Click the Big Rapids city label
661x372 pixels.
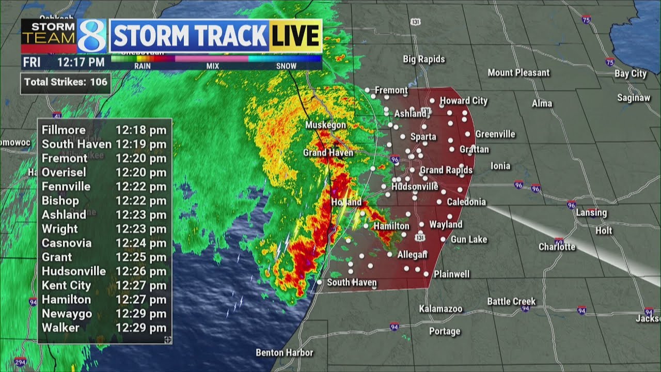click(423, 59)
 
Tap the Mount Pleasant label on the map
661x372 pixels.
click(518, 73)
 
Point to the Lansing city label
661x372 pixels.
click(591, 212)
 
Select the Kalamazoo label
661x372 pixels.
click(440, 309)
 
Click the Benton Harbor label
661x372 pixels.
click(285, 353)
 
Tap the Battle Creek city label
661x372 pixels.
click(511, 301)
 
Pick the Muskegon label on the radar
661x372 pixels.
click(325, 125)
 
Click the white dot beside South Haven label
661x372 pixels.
click(320, 282)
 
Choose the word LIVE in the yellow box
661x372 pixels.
click(295, 36)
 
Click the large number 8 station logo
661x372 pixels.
click(92, 36)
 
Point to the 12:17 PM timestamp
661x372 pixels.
click(81, 63)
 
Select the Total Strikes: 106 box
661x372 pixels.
click(66, 82)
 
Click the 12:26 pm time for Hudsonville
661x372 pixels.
click(141, 271)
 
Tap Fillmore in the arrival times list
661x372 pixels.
click(64, 130)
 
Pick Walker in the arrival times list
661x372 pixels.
click(60, 328)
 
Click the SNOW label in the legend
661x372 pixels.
click(286, 66)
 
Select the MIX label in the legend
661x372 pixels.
click(212, 66)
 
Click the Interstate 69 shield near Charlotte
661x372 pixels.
click(559, 241)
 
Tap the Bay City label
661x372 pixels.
click(631, 74)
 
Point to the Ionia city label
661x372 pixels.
click(500, 166)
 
